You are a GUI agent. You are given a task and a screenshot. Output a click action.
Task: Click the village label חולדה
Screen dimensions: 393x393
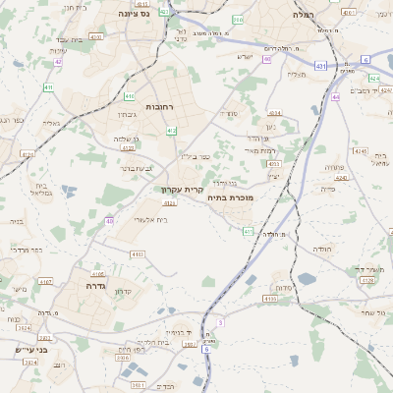click(322, 250)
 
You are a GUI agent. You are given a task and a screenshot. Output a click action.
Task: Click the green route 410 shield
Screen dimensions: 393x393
click(131, 96)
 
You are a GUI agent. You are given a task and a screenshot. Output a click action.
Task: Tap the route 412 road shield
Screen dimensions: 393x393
click(172, 131)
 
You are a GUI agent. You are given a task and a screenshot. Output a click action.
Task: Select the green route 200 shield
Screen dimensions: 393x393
click(238, 20)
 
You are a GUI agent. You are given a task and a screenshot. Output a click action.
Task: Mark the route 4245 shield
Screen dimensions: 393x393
click(359, 151)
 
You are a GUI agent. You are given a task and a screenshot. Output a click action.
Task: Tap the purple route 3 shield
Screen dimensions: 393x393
click(221, 322)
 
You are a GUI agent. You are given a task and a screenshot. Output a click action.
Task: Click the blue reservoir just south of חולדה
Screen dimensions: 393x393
click(306, 279)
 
